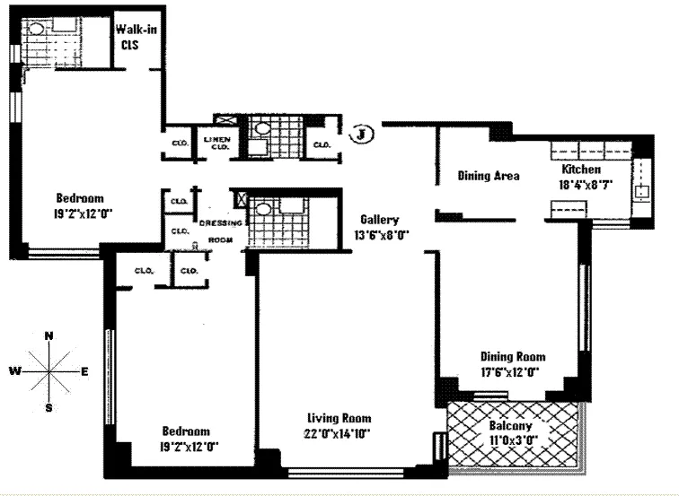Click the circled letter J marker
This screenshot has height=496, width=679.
click(x=361, y=135)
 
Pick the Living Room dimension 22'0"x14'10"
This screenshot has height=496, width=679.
click(x=339, y=433)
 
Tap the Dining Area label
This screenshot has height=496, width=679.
click(x=488, y=176)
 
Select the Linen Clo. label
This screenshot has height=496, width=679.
click(x=216, y=143)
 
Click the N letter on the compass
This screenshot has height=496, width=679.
click(x=48, y=335)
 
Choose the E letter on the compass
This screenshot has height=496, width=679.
click(x=84, y=370)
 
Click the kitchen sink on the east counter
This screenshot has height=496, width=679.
click(x=643, y=190)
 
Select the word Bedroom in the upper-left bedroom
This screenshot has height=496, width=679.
click(x=80, y=198)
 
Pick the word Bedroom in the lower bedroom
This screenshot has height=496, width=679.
click(x=186, y=430)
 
